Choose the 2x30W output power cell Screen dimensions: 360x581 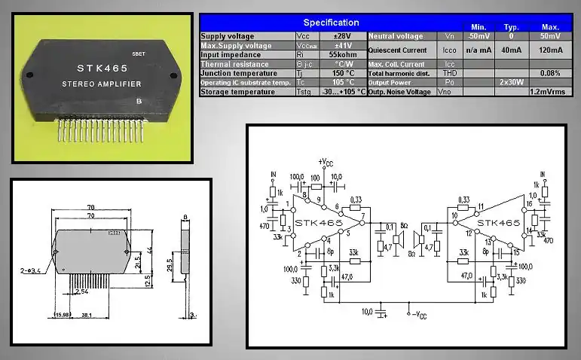click(x=512, y=82)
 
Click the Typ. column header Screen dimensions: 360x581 click(x=512, y=26)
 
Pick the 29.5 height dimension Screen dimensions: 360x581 click(x=169, y=266)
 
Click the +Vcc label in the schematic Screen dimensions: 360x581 click(x=327, y=161)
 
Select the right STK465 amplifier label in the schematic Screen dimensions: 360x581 click(x=498, y=224)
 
